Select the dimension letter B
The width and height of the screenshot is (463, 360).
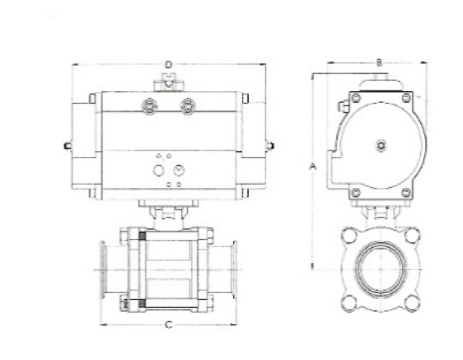380,62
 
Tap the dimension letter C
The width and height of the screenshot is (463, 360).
168,325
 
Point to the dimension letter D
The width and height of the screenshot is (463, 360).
168,65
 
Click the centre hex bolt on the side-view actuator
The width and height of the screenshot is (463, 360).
381,145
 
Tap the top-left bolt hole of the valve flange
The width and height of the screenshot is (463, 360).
350,234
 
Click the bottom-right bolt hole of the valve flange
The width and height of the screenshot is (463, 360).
410,302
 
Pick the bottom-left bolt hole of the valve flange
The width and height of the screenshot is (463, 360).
350,302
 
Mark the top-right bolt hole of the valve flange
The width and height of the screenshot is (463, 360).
410,234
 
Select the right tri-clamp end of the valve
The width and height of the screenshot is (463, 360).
233,267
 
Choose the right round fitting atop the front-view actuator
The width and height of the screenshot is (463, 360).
187,106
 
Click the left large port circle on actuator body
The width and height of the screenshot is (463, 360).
159,171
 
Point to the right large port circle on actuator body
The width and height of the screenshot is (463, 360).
178,171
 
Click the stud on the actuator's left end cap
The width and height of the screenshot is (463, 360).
67,146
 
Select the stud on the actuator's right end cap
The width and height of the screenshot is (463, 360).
270,146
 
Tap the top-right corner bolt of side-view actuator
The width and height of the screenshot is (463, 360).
406,98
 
